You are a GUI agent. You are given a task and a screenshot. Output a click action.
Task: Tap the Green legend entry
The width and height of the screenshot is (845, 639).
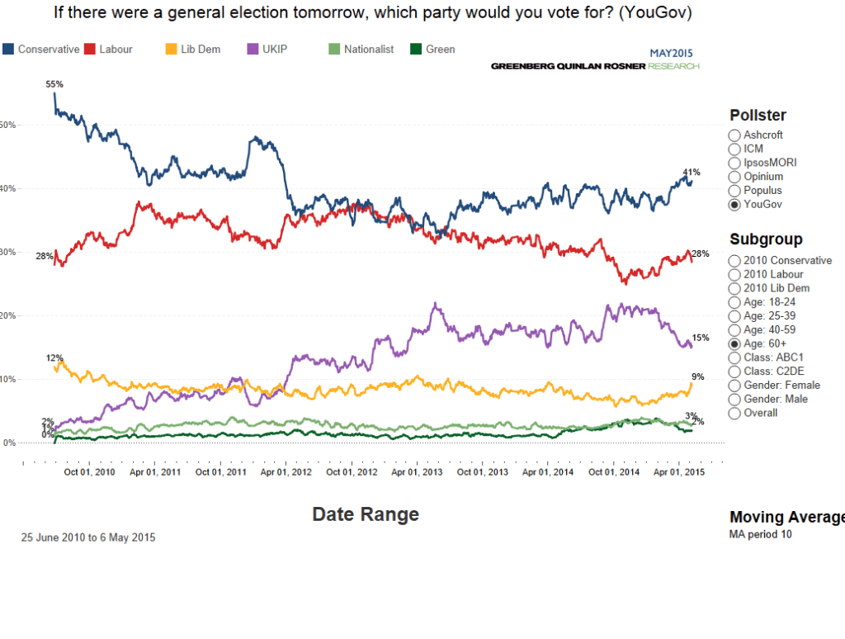click(x=432, y=50)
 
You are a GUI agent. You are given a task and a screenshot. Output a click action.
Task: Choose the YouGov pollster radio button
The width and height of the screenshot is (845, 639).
click(x=734, y=205)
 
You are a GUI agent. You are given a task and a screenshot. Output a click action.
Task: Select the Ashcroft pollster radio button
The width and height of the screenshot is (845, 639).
click(x=734, y=135)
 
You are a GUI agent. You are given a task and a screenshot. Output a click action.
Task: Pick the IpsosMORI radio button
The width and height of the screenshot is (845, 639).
click(x=734, y=163)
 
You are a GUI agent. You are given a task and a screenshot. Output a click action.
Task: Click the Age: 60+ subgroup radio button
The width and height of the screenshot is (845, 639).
click(x=734, y=344)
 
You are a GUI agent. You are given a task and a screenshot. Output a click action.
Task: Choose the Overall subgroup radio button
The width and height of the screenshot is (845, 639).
click(x=734, y=414)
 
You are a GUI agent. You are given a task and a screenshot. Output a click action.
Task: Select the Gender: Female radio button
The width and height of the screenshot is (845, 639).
click(x=734, y=386)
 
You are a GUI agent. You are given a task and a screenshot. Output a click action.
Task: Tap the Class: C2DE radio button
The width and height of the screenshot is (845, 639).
click(x=734, y=372)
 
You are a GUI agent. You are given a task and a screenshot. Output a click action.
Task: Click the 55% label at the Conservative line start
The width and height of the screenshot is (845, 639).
click(x=54, y=84)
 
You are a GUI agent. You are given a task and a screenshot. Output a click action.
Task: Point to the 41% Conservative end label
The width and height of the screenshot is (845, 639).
click(x=692, y=173)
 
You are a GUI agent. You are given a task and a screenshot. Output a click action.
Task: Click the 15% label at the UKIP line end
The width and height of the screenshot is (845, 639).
click(x=701, y=338)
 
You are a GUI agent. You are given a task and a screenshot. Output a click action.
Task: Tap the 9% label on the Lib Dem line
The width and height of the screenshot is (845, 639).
click(x=698, y=377)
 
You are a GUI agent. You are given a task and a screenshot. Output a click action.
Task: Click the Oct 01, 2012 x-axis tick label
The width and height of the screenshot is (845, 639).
click(x=352, y=472)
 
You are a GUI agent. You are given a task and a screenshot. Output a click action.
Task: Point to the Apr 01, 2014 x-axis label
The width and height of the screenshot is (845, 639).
click(x=549, y=472)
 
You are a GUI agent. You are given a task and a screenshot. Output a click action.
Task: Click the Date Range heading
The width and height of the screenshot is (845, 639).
click(x=366, y=514)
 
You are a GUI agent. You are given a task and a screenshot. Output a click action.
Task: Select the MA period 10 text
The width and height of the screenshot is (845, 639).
click(x=760, y=534)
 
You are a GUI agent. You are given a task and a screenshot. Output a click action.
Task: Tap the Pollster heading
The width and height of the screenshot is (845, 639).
click(x=758, y=116)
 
